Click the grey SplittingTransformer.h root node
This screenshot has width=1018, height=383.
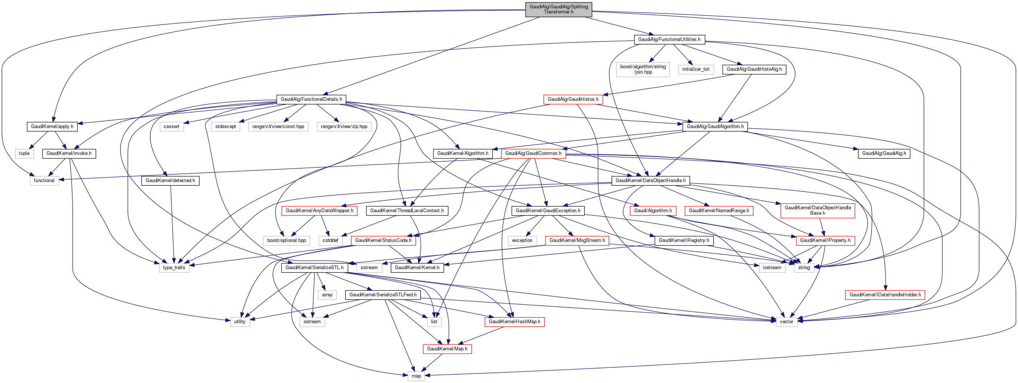pyautogui.click(x=559, y=9)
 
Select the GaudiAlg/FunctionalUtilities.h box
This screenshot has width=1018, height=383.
pyautogui.click(x=669, y=40)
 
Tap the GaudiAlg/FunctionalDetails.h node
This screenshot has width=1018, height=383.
pyautogui.click(x=311, y=99)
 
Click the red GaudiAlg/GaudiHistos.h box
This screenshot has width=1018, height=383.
pyautogui.click(x=573, y=99)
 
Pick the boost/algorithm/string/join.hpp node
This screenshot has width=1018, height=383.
pyautogui.click(x=643, y=69)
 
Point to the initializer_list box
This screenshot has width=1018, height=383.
pyautogui.click(x=695, y=69)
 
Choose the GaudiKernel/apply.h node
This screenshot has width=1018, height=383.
pyautogui.click(x=52, y=126)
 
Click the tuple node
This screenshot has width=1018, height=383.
pyautogui.click(x=24, y=153)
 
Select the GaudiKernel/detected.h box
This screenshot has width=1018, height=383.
pyautogui.click(x=170, y=181)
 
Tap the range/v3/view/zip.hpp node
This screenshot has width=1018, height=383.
pyautogui.click(x=344, y=126)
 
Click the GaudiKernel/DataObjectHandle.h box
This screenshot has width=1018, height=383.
pyautogui.click(x=650, y=181)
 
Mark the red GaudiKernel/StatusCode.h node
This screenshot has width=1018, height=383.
pyautogui.click(x=383, y=240)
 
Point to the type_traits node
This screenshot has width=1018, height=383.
pyautogui.click(x=174, y=267)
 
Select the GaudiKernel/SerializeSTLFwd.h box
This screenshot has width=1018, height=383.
pyautogui.click(x=382, y=295)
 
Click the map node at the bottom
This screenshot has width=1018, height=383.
pyautogui.click(x=416, y=376)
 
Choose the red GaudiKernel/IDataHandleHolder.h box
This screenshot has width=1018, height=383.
pyautogui.click(x=885, y=295)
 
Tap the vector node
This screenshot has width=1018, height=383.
pyautogui.click(x=786, y=321)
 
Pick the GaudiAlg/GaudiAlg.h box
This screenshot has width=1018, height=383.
pyautogui.click(x=884, y=153)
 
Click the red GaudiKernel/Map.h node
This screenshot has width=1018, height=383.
pyautogui.click(x=447, y=349)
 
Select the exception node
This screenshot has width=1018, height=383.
pyautogui.click(x=522, y=240)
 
